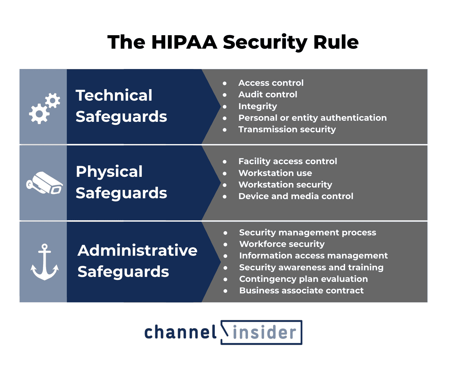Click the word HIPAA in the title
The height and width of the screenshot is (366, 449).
click(x=184, y=43)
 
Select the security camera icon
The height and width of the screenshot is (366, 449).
click(x=45, y=183)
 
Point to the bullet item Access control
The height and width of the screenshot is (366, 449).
click(x=271, y=83)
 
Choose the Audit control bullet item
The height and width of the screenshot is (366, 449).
click(x=268, y=95)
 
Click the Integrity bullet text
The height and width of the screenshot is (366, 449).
click(x=258, y=106)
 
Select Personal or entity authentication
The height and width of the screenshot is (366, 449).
click(x=312, y=118)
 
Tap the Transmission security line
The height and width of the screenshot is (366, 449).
click(x=287, y=129)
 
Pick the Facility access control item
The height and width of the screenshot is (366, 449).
click(x=288, y=161)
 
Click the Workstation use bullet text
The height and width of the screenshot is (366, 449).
click(x=275, y=173)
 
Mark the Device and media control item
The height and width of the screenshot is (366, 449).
click(x=296, y=196)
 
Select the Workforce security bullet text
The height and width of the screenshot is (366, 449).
click(x=282, y=244)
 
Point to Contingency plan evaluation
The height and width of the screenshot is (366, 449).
click(x=304, y=279)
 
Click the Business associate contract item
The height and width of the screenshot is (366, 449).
click(x=301, y=290)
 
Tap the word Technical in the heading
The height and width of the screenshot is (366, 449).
click(x=114, y=95)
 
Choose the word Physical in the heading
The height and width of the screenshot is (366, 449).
click(x=109, y=172)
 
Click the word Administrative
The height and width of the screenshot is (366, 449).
click(x=137, y=251)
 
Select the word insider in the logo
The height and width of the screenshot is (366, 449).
click(x=264, y=332)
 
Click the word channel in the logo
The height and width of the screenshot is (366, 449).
click(x=180, y=332)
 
